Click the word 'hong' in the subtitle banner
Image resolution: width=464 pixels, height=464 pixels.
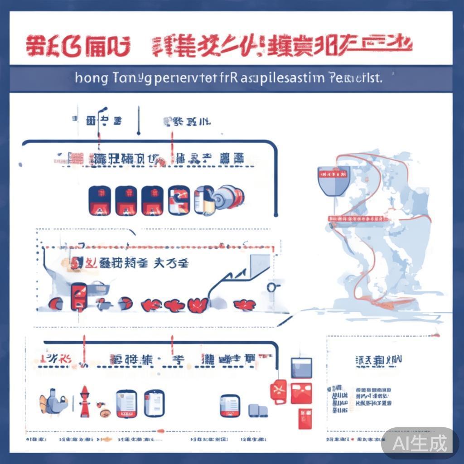coord(92,78)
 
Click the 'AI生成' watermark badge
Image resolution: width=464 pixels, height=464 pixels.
coord(420,442)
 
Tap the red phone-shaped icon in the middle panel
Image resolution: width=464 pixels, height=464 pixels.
coord(79,296)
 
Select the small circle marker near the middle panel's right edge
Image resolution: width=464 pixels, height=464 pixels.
coord(271,287)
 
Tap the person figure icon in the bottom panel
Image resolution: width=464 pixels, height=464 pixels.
coord(52,401)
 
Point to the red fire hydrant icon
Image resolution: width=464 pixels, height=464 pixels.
coord(84,401)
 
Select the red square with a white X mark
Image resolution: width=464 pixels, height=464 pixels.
coord(278,390)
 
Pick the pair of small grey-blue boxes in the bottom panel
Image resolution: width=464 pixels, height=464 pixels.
coord(257,411)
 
